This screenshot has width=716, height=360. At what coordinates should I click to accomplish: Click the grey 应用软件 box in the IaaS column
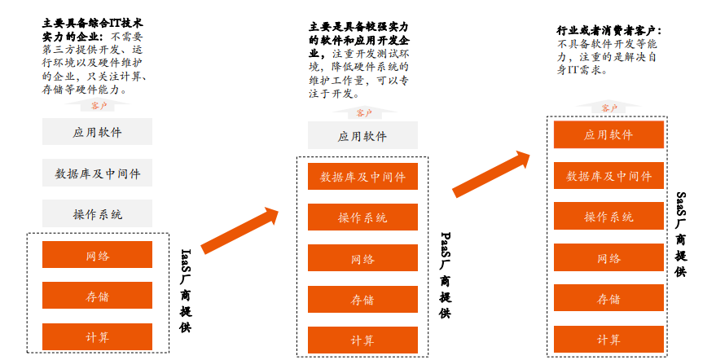(97, 132)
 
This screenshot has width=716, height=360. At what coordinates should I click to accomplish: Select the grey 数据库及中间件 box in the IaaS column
(97, 173)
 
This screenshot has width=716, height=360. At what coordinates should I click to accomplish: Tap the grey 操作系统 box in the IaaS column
(97, 214)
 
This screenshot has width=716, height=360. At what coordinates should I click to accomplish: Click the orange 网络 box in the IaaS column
(97, 256)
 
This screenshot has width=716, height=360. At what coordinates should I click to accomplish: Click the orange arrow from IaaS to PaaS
(239, 231)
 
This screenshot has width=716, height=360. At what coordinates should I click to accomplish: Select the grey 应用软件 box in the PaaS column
(362, 136)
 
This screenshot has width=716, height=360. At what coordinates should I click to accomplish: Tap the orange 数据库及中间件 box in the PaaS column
(362, 177)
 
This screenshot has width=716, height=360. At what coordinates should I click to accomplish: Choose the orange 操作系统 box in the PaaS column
(362, 217)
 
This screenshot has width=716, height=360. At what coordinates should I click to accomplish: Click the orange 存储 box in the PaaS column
(362, 300)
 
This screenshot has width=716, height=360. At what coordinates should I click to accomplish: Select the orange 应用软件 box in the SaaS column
(608, 134)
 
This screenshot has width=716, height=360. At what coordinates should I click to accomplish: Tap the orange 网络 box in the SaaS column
(608, 258)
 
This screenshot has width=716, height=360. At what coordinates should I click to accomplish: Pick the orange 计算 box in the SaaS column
(608, 339)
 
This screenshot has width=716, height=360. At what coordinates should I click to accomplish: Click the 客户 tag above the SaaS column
(608, 108)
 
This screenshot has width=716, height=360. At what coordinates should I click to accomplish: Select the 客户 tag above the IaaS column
(99, 106)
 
